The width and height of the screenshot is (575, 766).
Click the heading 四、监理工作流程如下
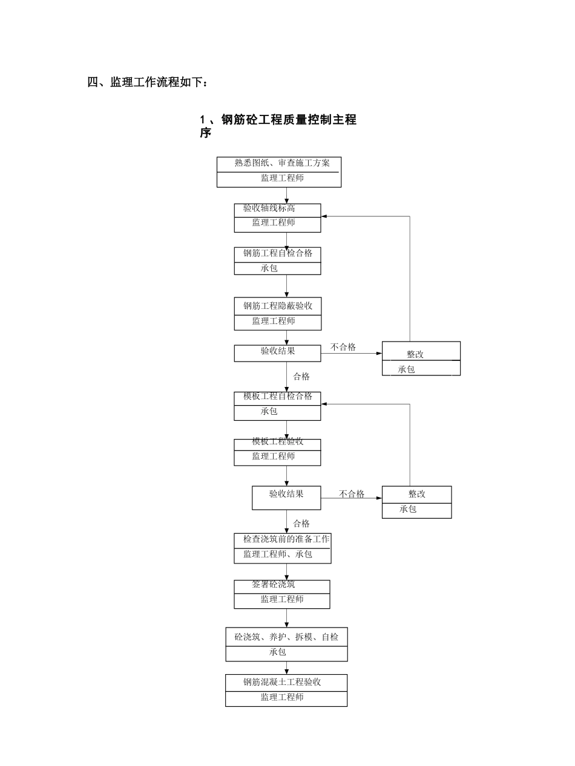point(148,82)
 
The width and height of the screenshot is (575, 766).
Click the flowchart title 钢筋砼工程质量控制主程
point(278,120)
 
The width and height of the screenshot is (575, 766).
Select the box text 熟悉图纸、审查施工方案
point(283,163)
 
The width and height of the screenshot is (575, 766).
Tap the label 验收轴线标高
point(269,209)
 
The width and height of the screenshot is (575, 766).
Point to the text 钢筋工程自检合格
point(278,253)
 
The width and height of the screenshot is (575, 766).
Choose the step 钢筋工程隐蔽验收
point(278,306)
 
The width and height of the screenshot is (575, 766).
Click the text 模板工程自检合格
point(278,397)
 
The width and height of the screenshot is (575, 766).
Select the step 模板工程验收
point(278,441)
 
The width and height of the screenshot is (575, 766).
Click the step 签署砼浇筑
point(274,585)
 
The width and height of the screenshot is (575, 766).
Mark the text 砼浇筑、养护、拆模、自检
point(286,637)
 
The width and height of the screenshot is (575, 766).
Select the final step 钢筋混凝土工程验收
point(282,682)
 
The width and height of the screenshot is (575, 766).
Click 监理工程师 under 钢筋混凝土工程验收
point(282,697)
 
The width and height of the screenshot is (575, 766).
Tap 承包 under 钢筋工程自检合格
point(269,268)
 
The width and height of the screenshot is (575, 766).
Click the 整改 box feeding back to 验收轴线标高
point(415,354)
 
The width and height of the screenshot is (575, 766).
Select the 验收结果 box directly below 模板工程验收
point(286,494)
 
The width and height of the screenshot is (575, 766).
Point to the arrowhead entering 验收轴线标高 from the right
point(324,216)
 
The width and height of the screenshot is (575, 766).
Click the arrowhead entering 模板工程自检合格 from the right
point(324,404)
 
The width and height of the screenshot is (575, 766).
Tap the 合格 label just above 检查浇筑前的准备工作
point(301,524)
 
